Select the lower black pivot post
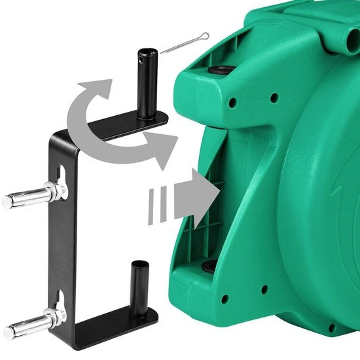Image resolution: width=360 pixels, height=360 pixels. (139, 288)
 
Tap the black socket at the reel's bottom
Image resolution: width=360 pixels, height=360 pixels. (209, 266)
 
